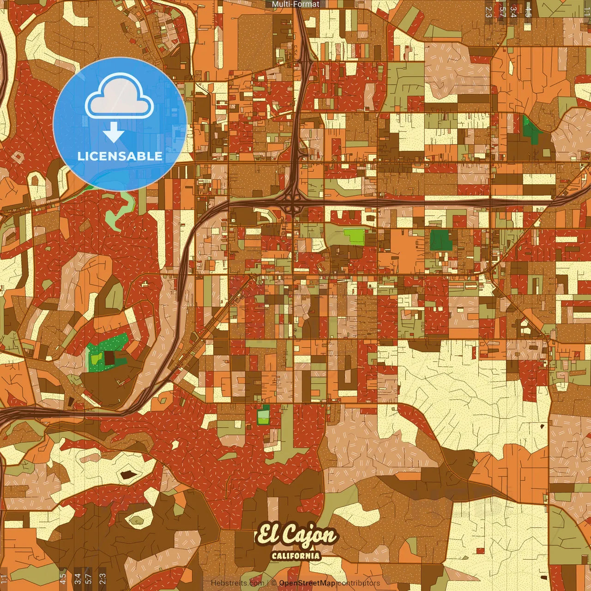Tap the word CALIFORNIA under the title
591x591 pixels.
pos(296,555)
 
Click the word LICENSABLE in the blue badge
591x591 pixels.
pos(120,156)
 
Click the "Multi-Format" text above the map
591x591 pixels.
pos(295,4)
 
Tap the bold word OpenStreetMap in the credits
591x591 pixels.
pos(307,583)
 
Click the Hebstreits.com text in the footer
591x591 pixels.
pos(237,583)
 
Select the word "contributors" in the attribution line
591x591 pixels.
pos(358,583)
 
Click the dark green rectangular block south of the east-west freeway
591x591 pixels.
pos(441,240)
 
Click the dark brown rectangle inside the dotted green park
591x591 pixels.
pos(110,357)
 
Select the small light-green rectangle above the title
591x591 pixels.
pos(263,416)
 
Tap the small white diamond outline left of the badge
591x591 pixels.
pos(18,157)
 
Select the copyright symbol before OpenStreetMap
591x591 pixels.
pos(274,583)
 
